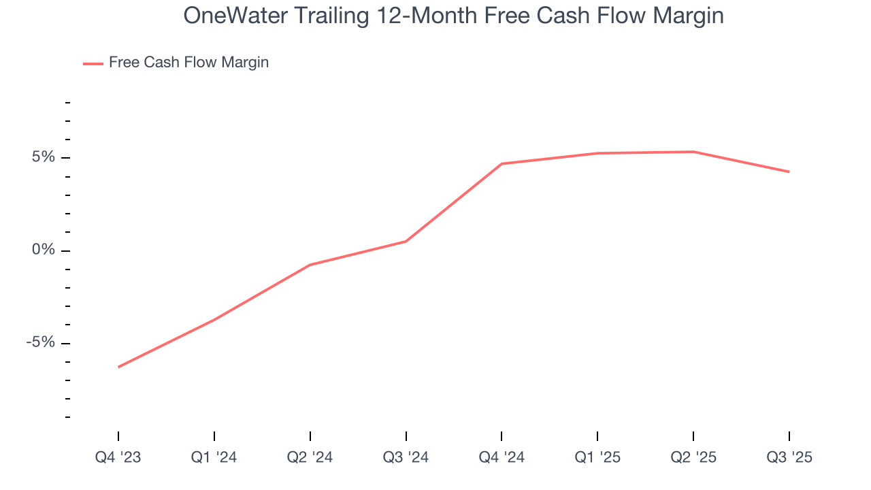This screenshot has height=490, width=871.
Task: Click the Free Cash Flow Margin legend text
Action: (x=188, y=63)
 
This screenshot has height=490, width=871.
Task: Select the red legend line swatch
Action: (x=93, y=63)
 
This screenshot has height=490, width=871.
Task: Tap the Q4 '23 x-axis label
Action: (x=118, y=457)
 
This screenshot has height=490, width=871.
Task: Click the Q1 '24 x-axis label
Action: (x=214, y=457)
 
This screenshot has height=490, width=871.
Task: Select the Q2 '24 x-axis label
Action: (x=310, y=457)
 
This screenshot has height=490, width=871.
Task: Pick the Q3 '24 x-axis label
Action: (x=406, y=457)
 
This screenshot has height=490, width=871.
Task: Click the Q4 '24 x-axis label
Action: (x=502, y=457)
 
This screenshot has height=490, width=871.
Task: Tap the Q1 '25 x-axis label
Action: (x=597, y=457)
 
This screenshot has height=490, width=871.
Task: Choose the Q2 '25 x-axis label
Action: (x=693, y=457)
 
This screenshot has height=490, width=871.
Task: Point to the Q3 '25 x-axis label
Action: (x=789, y=457)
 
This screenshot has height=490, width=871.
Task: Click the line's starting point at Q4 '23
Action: (x=118, y=367)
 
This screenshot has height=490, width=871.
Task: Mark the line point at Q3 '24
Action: (x=406, y=241)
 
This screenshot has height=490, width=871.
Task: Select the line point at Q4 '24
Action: (x=502, y=164)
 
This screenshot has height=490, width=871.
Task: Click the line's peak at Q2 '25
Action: (x=693, y=152)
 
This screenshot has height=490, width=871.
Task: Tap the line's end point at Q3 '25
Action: (x=789, y=171)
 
